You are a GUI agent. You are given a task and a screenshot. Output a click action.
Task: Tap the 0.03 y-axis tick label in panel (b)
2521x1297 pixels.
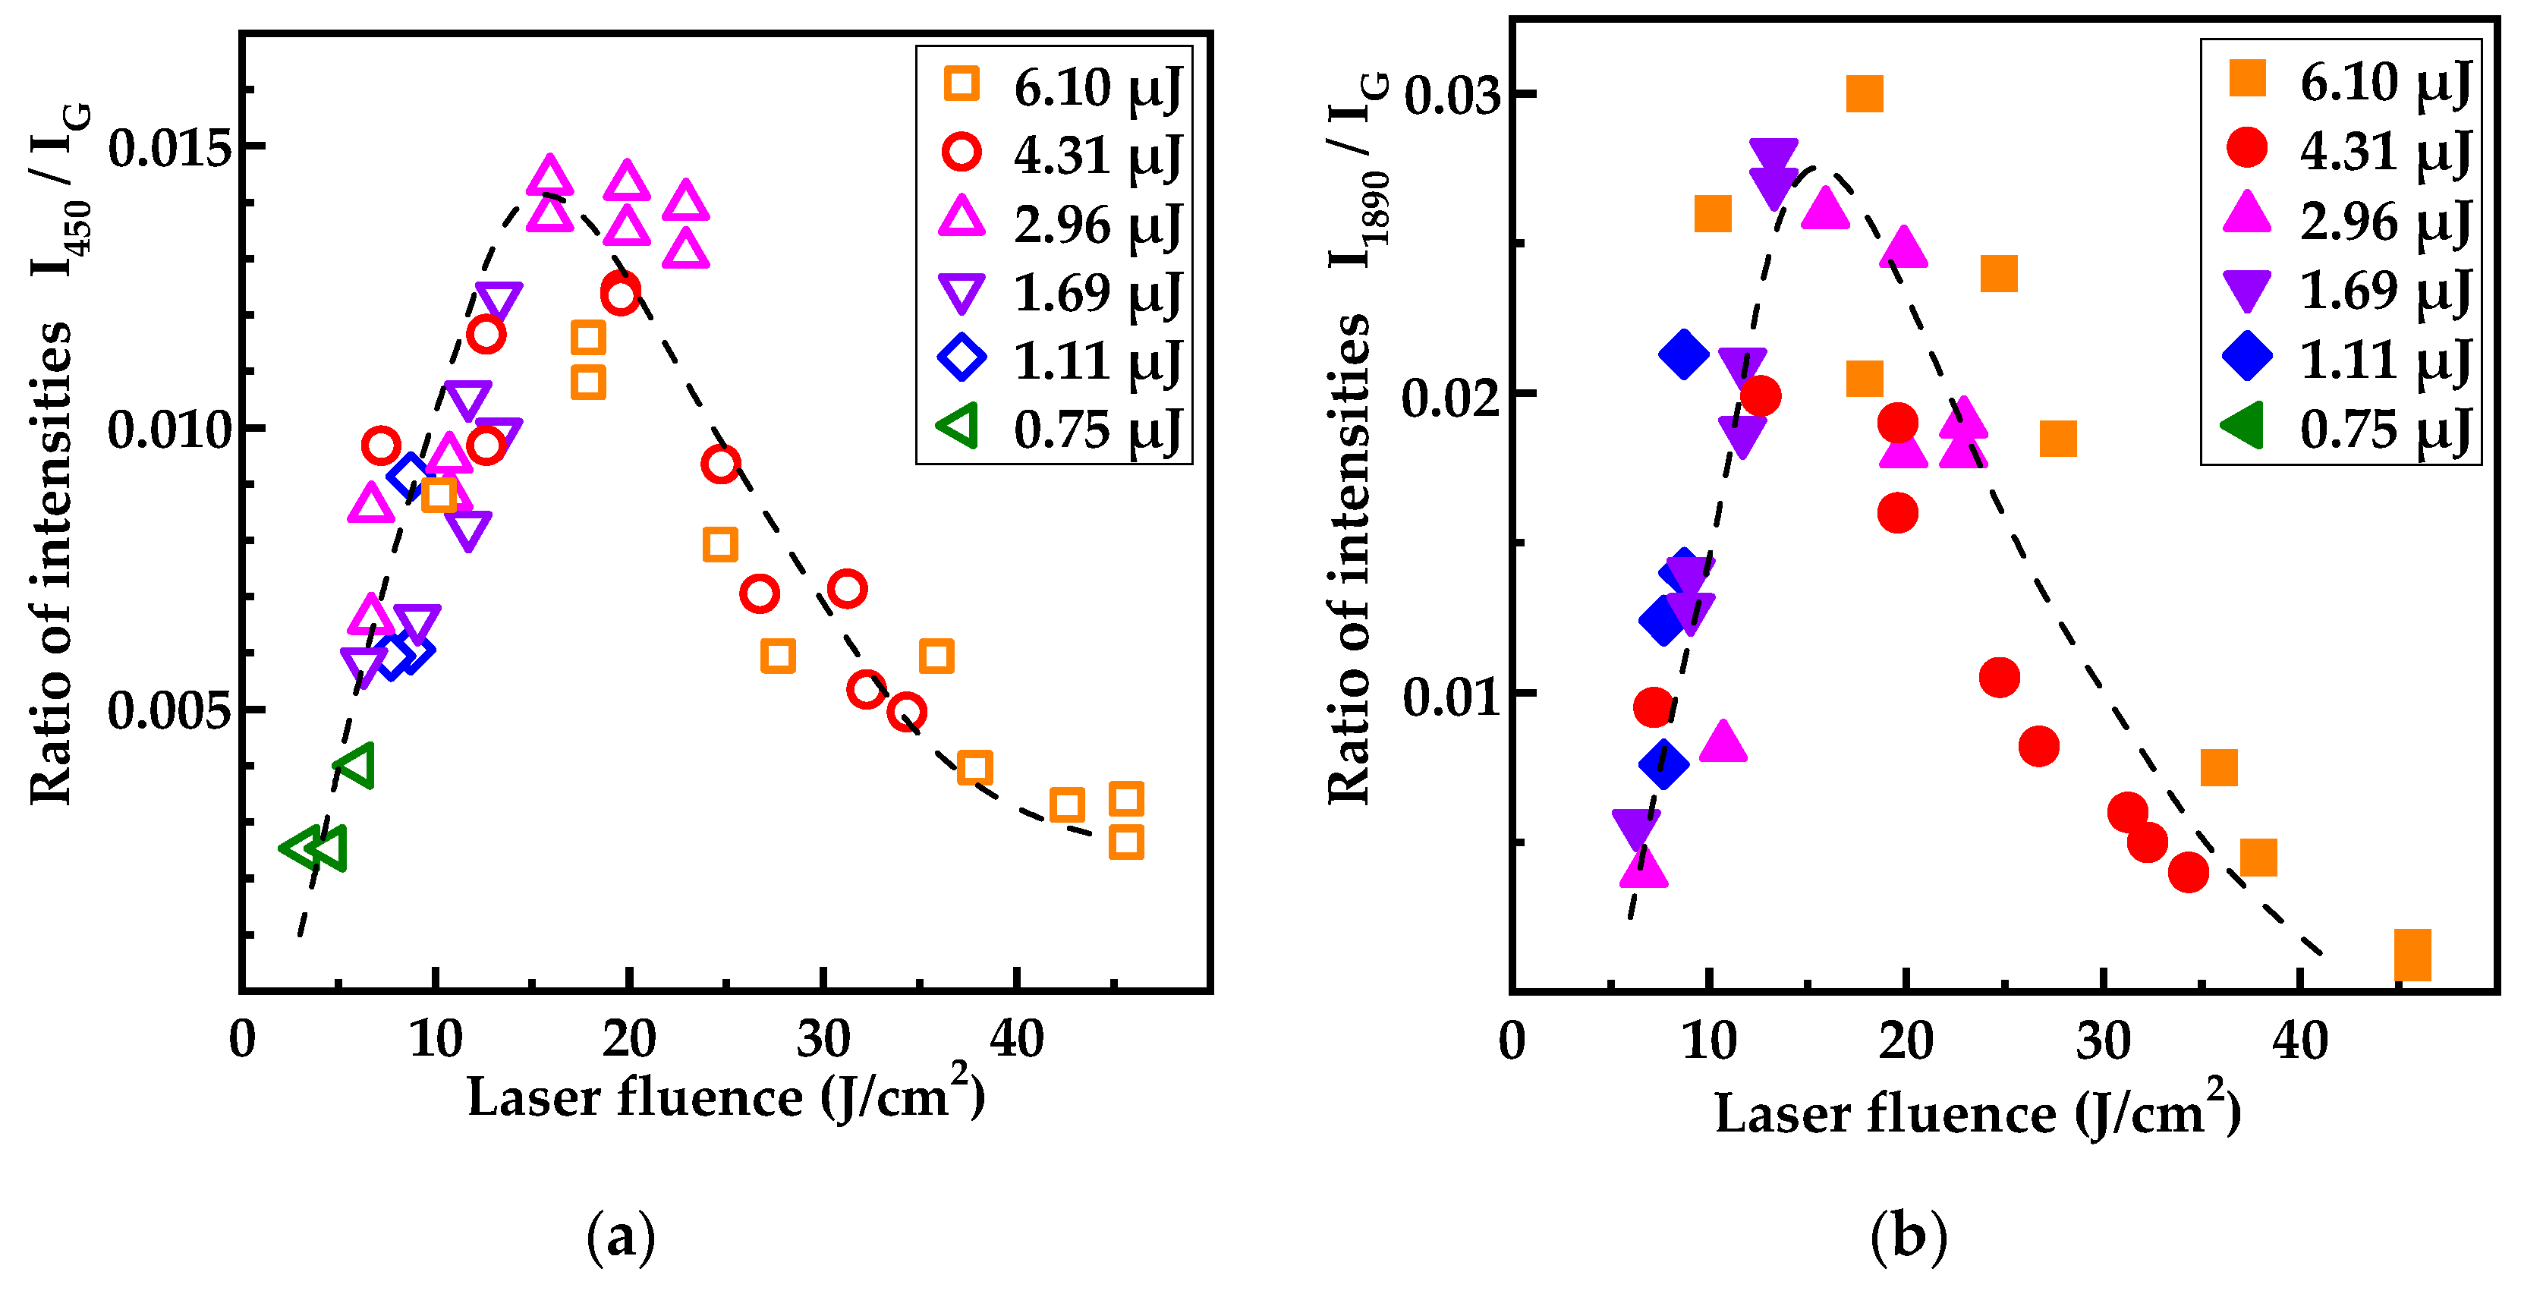1450,96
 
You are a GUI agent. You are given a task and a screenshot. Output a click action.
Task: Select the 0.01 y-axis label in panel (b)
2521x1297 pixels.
1450,696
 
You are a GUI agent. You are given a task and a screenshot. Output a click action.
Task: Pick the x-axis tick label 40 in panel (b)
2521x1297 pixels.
2300,1040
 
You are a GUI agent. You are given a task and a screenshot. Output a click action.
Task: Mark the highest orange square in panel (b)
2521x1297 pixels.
1865,95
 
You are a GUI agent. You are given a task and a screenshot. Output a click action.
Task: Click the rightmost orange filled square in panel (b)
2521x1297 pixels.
2412,955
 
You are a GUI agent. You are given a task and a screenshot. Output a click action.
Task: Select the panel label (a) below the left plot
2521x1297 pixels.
621,1236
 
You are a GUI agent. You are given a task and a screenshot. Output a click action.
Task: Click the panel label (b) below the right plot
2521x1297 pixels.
1909,1236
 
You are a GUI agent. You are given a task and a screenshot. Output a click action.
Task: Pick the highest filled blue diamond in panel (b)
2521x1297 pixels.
1683,354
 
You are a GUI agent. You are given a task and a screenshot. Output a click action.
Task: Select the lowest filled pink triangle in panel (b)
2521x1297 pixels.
1643,868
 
